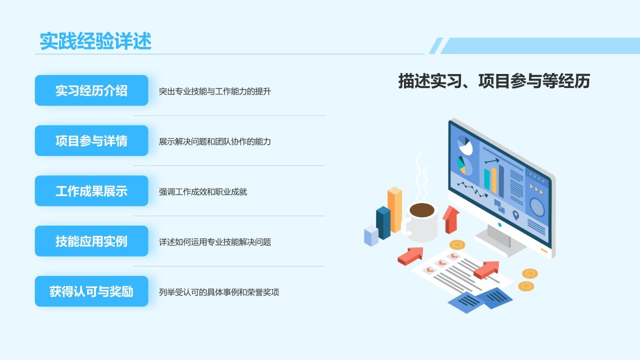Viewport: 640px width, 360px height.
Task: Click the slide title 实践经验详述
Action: pyautogui.click(x=95, y=41)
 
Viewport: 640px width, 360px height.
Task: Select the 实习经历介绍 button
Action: pyautogui.click(x=91, y=90)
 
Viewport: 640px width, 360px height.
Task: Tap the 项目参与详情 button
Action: pyautogui.click(x=91, y=140)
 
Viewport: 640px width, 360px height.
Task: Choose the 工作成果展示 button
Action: pyautogui.click(x=91, y=191)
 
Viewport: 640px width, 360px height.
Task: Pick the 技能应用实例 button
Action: pyautogui.click(x=91, y=241)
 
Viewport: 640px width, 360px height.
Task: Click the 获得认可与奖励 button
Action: pyautogui.click(x=91, y=291)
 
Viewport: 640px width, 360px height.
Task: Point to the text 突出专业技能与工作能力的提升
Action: pyautogui.click(x=215, y=91)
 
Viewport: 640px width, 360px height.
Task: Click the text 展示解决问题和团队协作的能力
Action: pyautogui.click(x=215, y=141)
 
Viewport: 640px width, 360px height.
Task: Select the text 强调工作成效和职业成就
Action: pyautogui.click(x=203, y=191)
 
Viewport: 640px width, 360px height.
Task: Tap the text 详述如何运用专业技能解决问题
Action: pyautogui.click(x=215, y=242)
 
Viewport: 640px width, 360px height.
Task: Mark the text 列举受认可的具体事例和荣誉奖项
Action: pyautogui.click(x=219, y=292)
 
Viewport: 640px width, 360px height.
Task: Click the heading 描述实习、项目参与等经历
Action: pyautogui.click(x=494, y=81)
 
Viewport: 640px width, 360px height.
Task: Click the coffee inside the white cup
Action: pyautogui.click(x=422, y=210)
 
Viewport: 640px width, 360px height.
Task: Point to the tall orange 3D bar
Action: pyautogui.click(x=395, y=209)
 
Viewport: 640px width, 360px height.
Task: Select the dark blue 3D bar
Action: pyautogui.click(x=383, y=222)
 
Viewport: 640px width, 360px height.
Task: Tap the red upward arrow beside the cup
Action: pyautogui.click(x=451, y=219)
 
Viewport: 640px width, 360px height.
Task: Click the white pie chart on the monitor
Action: pyautogui.click(x=465, y=145)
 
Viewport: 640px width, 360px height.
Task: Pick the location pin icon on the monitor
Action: pyautogui.click(x=515, y=215)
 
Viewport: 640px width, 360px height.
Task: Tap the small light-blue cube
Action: pyautogui.click(x=371, y=235)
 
